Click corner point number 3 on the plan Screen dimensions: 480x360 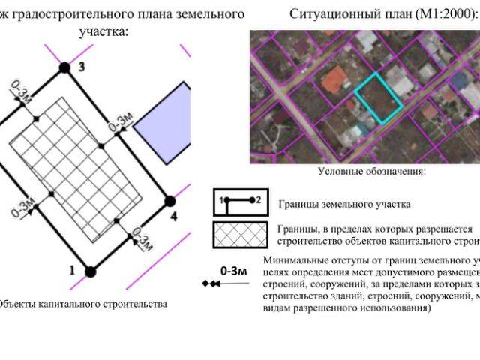click(65, 68)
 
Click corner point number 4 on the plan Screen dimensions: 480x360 click(170, 201)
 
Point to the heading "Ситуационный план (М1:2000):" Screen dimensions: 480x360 click(382, 14)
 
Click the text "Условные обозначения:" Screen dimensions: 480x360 click(372, 172)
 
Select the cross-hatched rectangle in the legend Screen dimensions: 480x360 click(238, 234)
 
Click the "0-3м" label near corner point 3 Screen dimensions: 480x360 click(20, 94)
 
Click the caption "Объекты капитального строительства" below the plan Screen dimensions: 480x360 click(82, 304)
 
